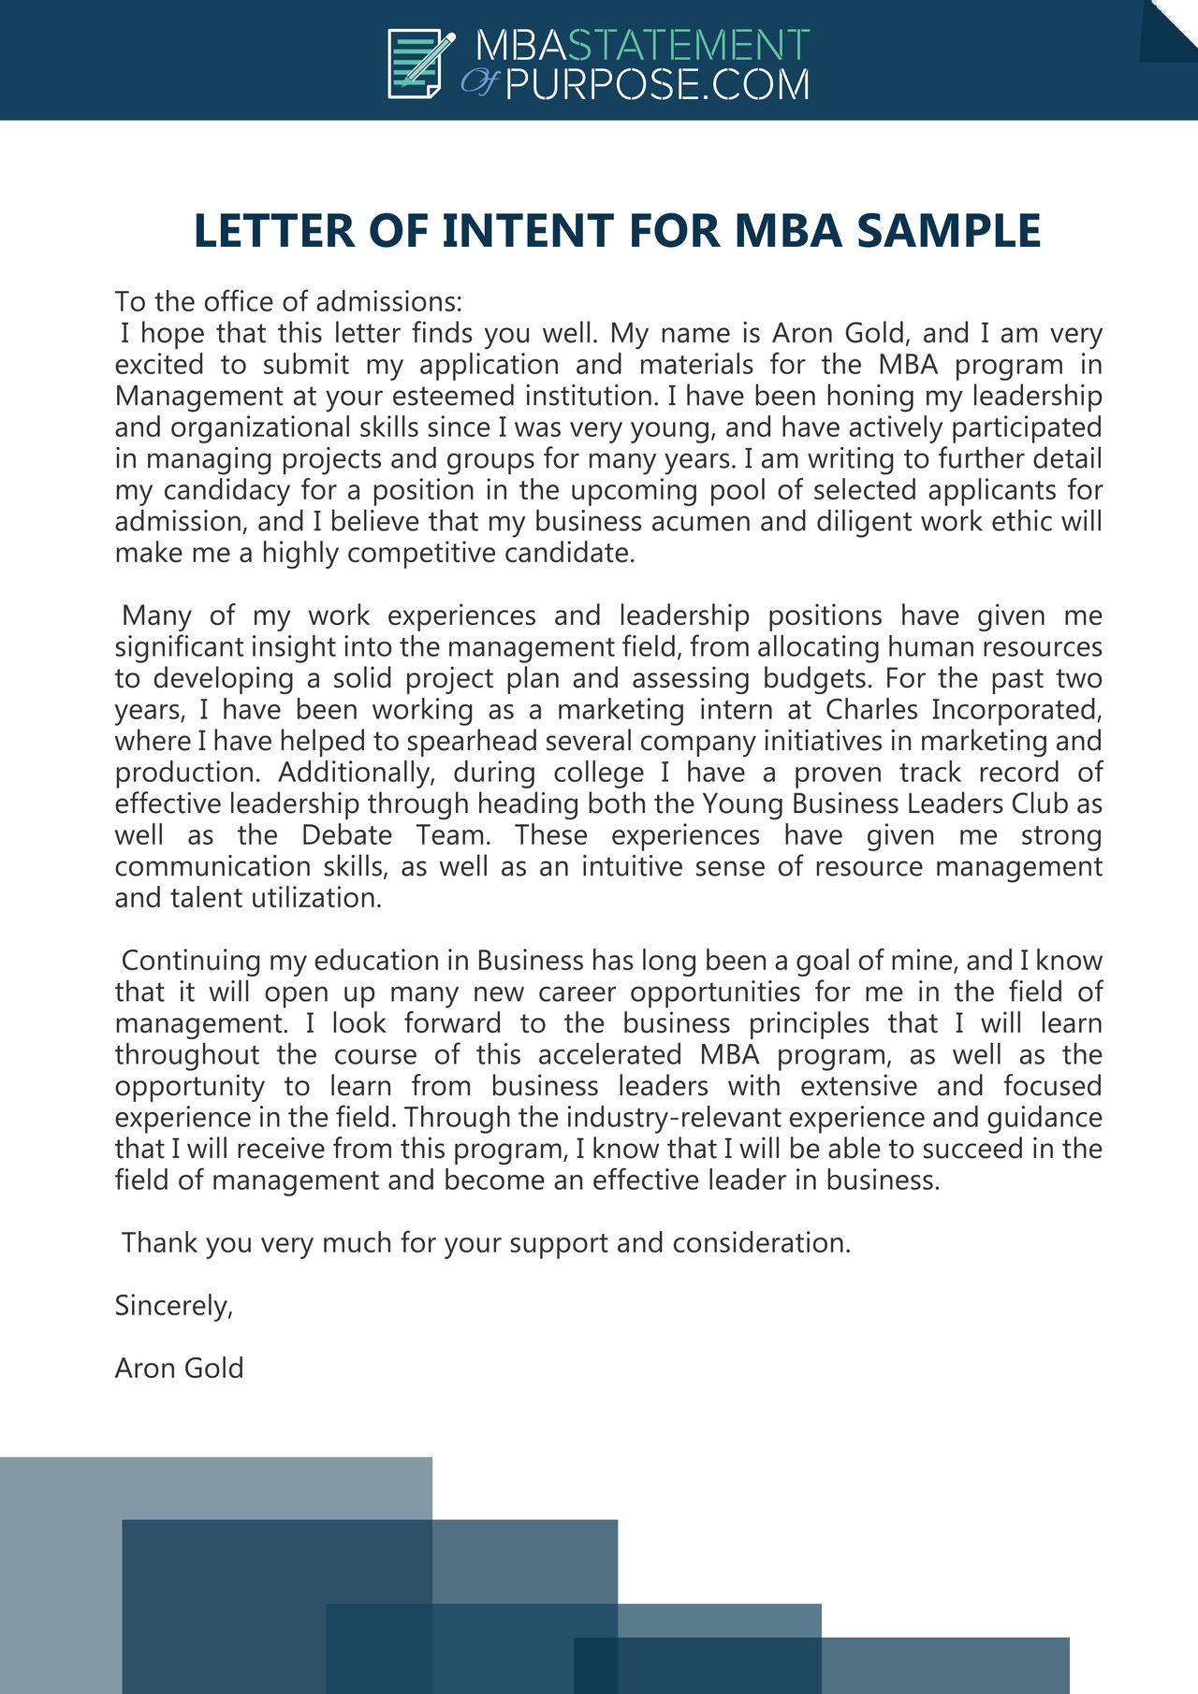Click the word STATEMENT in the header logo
point(689,45)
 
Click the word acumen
point(701,521)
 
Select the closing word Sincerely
point(173,1306)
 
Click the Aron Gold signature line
point(179,1368)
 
